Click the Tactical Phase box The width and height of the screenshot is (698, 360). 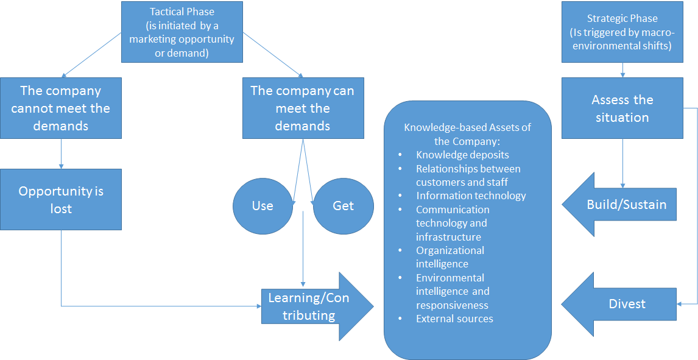pos(182,32)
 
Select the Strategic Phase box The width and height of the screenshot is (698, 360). pos(621,32)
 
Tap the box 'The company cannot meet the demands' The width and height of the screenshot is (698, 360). pos(61,108)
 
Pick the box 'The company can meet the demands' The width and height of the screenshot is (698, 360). pos(303,108)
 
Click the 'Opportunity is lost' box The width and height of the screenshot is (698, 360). pos(61,199)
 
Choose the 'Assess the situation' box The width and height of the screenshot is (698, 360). pos(622,108)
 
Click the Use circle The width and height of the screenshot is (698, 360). pos(263,206)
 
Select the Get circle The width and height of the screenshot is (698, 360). pos(343,206)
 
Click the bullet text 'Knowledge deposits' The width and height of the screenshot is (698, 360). pos(462,155)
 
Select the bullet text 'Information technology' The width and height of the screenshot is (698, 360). pos(471,196)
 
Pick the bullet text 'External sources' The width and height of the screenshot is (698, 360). pos(454,319)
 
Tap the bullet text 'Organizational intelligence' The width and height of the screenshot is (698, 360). pos(450,257)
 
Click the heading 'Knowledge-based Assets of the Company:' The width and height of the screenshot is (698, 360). pos(467,134)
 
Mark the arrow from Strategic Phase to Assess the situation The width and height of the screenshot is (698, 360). pos(622,70)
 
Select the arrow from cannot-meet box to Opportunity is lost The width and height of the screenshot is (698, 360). pos(61,153)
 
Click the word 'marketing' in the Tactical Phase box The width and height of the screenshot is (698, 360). pos(152,39)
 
